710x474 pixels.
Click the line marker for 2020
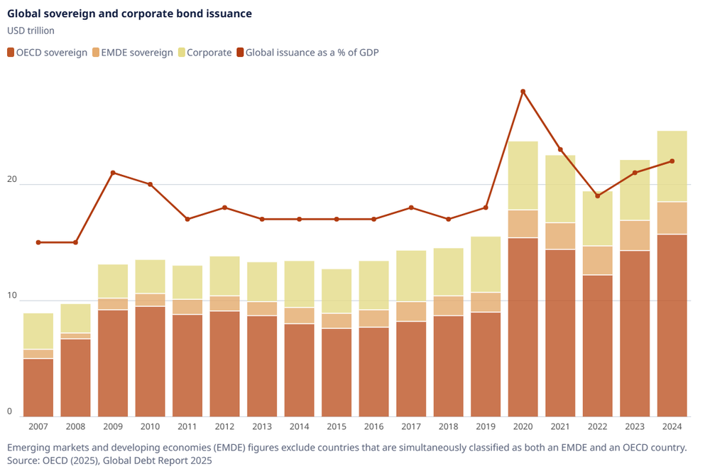coord(523,92)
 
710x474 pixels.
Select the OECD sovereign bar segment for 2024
coord(672,325)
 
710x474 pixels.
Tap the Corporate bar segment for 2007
coord(38,331)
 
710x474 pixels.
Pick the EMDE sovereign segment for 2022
coord(598,260)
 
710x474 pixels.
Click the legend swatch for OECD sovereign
coord(11,52)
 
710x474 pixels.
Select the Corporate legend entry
coord(209,52)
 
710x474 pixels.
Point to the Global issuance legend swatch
coord(241,52)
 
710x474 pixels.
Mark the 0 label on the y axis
coord(10,411)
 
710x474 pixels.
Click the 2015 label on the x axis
coord(337,426)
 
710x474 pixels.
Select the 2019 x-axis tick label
coord(486,426)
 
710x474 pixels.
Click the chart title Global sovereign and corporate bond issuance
coord(129,14)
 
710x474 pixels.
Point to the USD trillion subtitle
coord(31,31)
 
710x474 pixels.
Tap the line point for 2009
coord(113,173)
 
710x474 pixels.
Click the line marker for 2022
coord(598,195)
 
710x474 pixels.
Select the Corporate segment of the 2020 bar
coord(523,176)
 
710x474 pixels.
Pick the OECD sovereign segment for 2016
coord(373,372)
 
